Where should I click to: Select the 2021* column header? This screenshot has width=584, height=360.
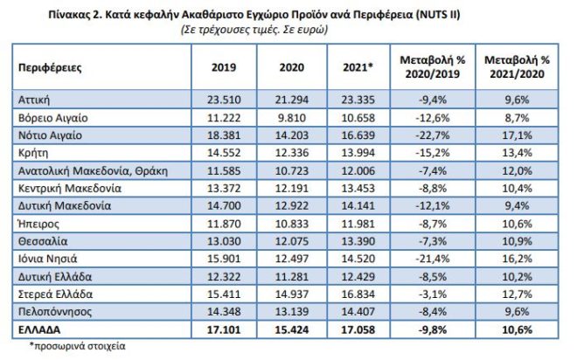358,66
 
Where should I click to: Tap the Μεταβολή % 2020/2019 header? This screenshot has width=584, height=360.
430,66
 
